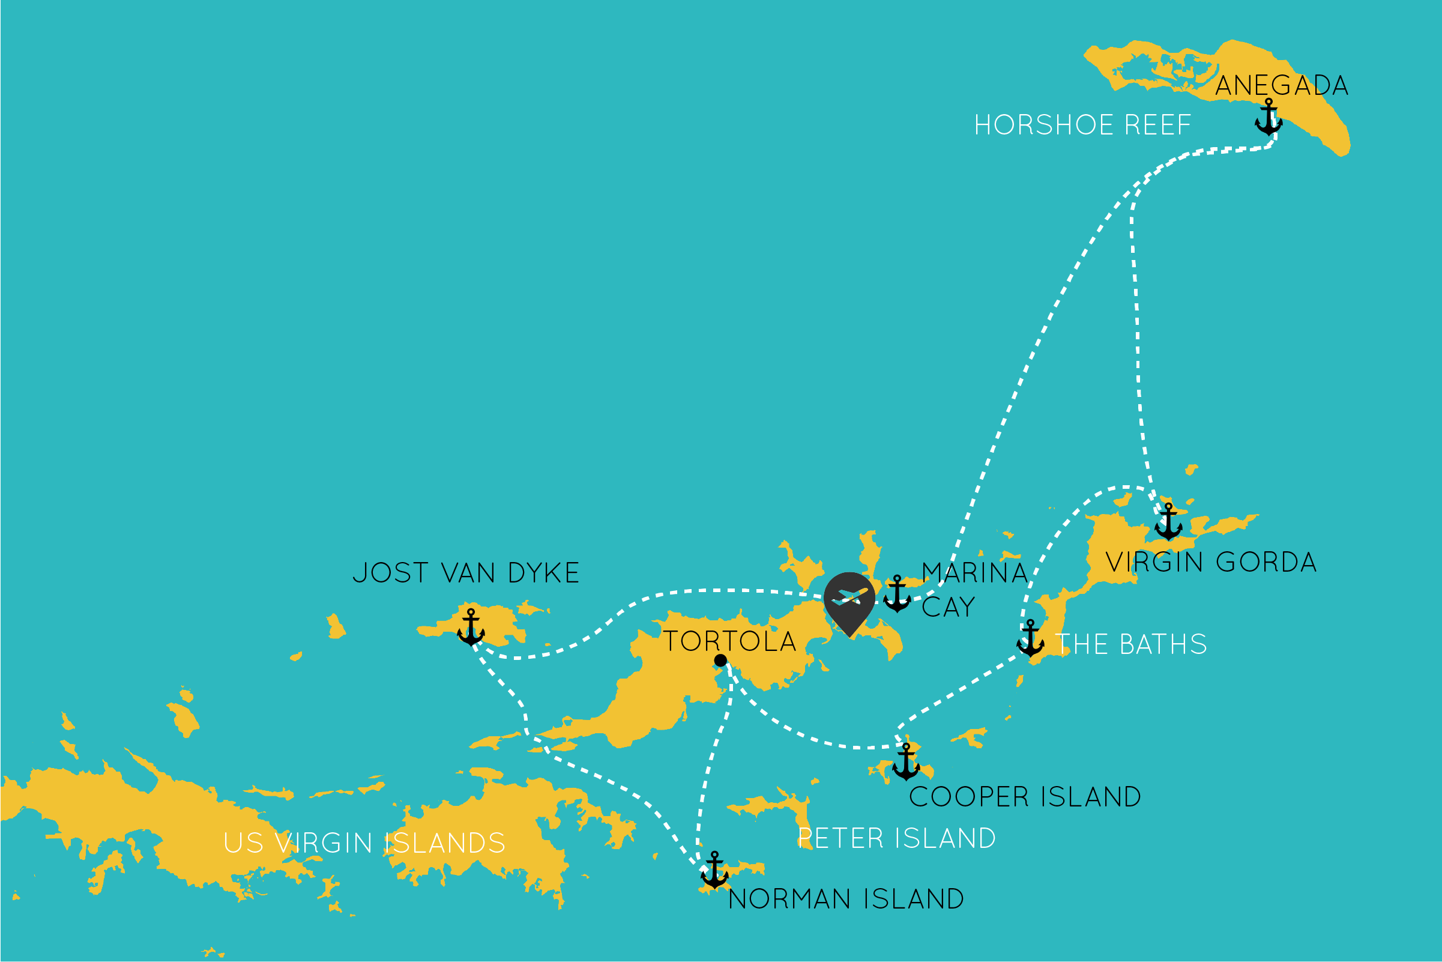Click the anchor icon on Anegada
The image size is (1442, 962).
(x=1269, y=117)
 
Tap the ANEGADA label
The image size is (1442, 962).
(x=1281, y=85)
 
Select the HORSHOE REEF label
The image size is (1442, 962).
(x=1082, y=125)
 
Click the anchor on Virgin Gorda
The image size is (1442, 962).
(x=1168, y=522)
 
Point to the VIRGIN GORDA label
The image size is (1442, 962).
(x=1211, y=562)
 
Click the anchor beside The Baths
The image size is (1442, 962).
(x=1030, y=639)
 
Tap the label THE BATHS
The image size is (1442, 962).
(x=1132, y=644)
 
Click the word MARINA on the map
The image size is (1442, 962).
(x=974, y=573)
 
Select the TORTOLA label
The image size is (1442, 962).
(x=730, y=641)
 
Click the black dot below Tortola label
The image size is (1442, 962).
(x=720, y=660)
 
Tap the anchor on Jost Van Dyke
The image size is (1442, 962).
(x=471, y=628)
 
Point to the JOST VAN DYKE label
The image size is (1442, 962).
(x=466, y=573)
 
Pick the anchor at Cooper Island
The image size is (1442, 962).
(x=906, y=762)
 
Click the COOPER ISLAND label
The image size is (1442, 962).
(x=1025, y=797)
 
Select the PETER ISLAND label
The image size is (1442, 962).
(x=897, y=839)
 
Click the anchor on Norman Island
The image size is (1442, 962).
(x=714, y=870)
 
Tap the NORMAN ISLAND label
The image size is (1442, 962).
(x=846, y=900)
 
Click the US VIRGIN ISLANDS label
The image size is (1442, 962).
(x=364, y=843)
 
